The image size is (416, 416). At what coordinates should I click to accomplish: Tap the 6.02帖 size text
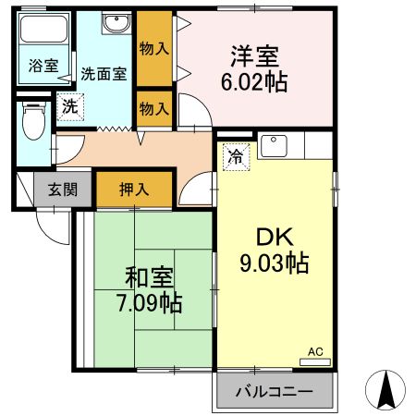coord(254,81)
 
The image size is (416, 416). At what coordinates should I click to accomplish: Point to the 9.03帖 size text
coord(275,263)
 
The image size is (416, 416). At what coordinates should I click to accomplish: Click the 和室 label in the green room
coord(148,276)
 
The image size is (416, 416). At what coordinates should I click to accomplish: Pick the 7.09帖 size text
coord(148,301)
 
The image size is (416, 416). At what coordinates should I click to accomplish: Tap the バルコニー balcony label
coord(274,392)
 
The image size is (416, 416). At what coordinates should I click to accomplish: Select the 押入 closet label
coord(134,190)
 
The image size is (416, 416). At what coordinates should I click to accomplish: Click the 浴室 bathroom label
coord(43,67)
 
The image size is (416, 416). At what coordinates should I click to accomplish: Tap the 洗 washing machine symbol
coord(69,106)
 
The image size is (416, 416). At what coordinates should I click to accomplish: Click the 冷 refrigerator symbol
coord(236,156)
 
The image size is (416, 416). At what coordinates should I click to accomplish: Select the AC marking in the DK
coord(315,352)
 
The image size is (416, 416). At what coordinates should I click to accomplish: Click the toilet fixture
coord(33,121)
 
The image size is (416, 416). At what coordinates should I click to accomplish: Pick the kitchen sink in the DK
coord(275,145)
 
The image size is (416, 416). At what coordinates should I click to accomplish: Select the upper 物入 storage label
coord(154,47)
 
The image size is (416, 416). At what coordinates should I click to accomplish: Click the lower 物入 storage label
coord(154,108)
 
